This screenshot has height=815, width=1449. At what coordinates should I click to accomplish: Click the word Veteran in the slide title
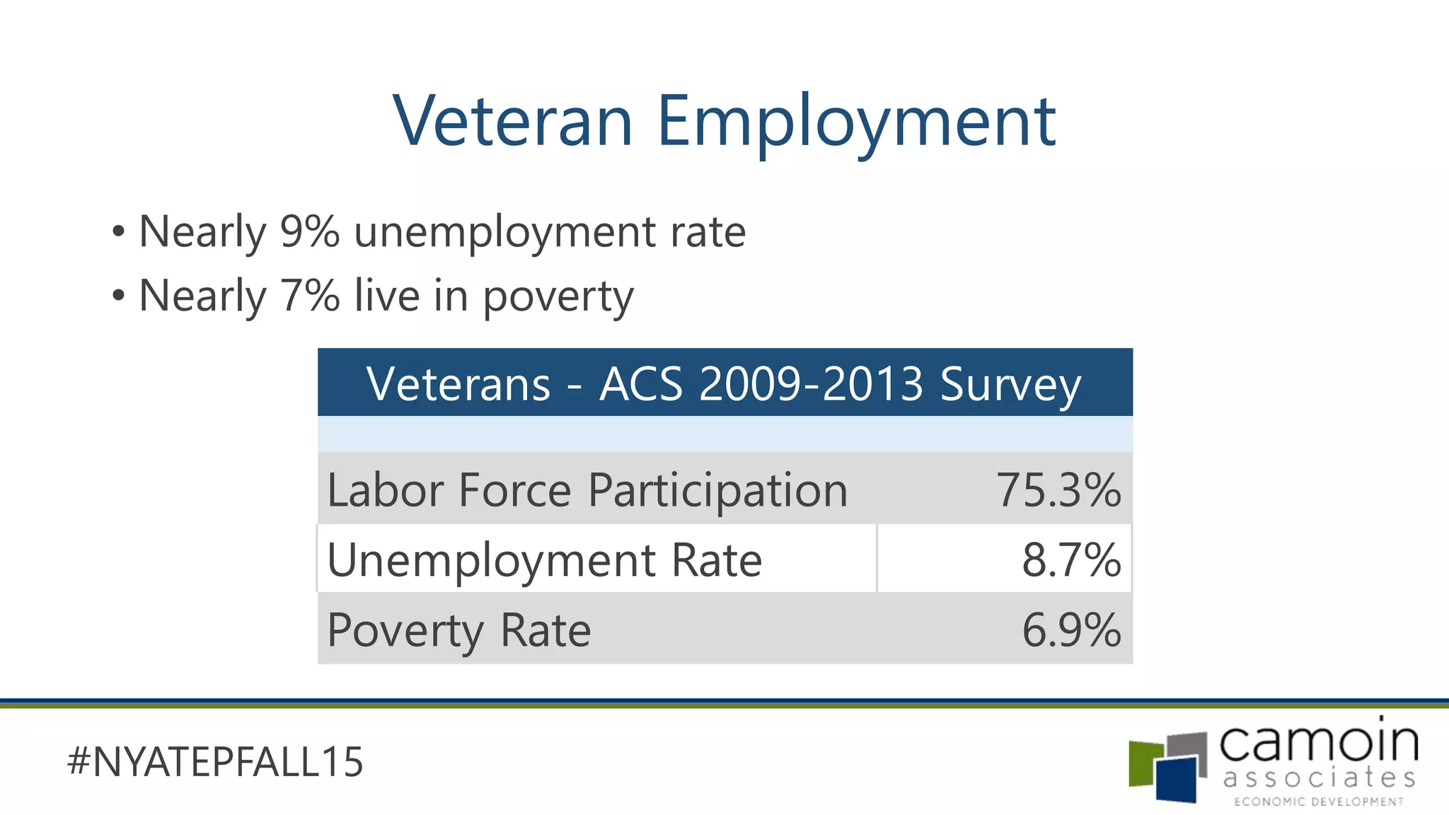point(513,122)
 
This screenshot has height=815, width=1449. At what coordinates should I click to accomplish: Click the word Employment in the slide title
point(856,122)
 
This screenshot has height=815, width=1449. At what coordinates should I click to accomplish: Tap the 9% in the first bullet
point(309,231)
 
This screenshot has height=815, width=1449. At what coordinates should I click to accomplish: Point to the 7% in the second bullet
point(309,295)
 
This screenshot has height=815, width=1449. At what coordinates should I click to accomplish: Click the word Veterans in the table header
point(458,384)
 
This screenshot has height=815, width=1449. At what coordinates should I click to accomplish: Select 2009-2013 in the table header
point(811,384)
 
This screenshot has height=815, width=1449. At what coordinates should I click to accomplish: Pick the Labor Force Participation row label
point(587,490)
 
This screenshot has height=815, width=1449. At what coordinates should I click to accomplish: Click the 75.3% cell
point(1058,490)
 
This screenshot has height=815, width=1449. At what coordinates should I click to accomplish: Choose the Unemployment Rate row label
point(544,560)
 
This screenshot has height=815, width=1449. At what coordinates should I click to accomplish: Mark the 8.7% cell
point(1071,560)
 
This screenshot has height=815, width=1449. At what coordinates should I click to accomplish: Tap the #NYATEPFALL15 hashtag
point(215,762)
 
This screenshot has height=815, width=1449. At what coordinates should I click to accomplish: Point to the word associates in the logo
point(1319,778)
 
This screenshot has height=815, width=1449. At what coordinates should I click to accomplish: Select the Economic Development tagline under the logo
point(1319,802)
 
